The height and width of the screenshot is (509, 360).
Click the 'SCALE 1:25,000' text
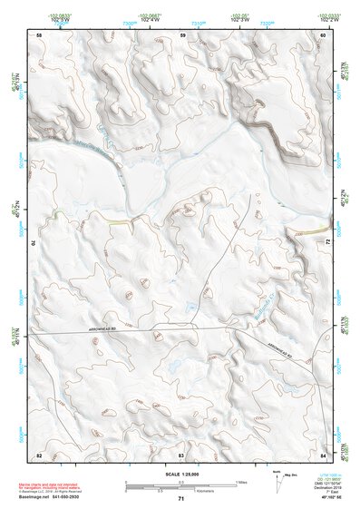[181, 475]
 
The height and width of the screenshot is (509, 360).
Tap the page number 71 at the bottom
[181, 499]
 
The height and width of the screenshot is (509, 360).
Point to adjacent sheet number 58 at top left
[39, 34]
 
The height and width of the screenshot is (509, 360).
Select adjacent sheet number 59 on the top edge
[182, 34]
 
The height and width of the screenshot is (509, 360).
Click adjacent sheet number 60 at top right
[323, 34]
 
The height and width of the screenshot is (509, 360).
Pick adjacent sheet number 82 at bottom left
[39, 453]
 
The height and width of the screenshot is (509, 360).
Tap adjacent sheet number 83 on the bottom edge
[181, 453]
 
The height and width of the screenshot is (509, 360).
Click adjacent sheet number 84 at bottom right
[323, 453]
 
